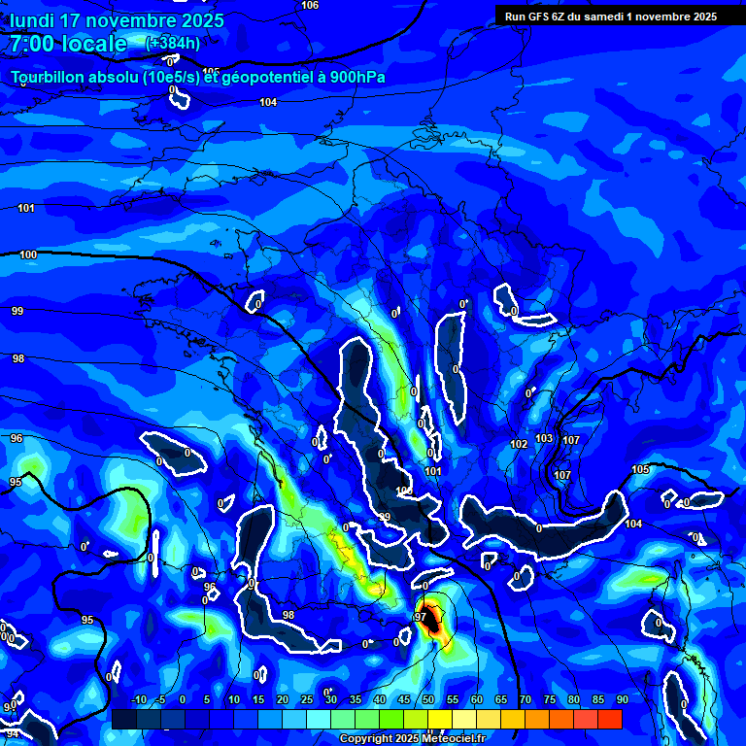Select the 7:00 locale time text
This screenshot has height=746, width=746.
[68, 44]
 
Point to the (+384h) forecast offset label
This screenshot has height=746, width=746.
[173, 43]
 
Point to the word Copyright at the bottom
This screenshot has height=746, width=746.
[366, 739]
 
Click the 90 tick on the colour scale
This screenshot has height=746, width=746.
[622, 700]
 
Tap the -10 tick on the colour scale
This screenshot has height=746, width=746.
[138, 700]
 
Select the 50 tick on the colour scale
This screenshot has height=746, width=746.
[427, 700]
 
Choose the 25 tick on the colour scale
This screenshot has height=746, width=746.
[306, 700]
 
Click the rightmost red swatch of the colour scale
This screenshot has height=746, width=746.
[609, 719]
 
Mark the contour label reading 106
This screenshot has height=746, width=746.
[310, 6]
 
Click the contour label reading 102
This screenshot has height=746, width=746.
[519, 444]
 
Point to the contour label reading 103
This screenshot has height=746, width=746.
[544, 438]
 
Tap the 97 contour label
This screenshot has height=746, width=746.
[421, 617]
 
